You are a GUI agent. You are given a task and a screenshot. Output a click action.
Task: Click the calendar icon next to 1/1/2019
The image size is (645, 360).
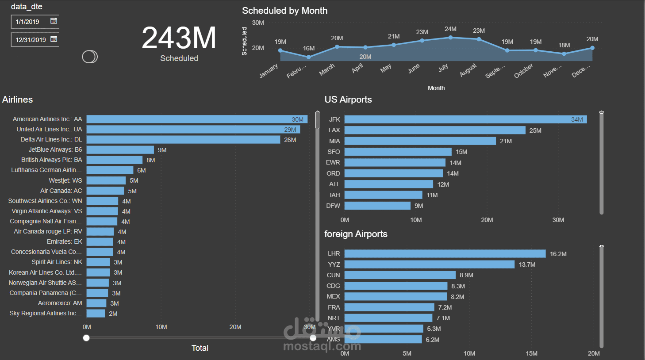(x=54, y=21)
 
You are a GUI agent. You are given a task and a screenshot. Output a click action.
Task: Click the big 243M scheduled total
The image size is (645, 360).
(x=179, y=38)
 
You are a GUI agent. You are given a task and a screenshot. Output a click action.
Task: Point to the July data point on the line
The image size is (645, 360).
(x=450, y=38)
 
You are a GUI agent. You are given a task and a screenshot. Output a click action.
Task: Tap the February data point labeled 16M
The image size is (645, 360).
(x=309, y=57)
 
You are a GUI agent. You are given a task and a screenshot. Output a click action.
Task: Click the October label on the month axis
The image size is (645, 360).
(x=524, y=71)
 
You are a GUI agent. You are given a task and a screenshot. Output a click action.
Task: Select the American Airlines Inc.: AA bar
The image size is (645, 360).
(x=197, y=119)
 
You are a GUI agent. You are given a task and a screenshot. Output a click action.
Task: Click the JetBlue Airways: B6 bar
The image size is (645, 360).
(x=120, y=150)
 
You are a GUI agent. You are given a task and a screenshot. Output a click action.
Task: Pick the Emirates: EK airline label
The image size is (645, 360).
(x=65, y=241)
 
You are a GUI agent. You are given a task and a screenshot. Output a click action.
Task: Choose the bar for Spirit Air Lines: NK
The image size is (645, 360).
(x=98, y=262)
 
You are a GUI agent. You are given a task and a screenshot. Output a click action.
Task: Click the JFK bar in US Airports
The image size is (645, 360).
(x=465, y=119)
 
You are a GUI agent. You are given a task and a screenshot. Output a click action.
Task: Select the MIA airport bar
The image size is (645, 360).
(x=420, y=141)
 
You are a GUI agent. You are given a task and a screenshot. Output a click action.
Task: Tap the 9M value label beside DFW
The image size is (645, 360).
(x=418, y=206)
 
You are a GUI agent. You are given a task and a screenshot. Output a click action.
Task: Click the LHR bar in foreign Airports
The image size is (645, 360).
(x=445, y=254)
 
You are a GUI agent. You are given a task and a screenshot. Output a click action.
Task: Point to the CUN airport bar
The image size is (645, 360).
(x=400, y=275)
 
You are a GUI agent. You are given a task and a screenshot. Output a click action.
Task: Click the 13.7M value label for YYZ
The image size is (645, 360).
(x=527, y=264)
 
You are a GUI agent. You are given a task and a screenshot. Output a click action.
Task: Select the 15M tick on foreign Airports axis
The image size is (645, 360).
(x=531, y=353)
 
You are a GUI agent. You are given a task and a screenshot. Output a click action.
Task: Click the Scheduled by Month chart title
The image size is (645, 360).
(x=284, y=11)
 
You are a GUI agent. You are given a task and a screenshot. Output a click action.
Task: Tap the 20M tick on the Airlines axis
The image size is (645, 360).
(x=235, y=327)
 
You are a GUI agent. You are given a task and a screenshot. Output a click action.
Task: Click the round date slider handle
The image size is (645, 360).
(x=89, y=57)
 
